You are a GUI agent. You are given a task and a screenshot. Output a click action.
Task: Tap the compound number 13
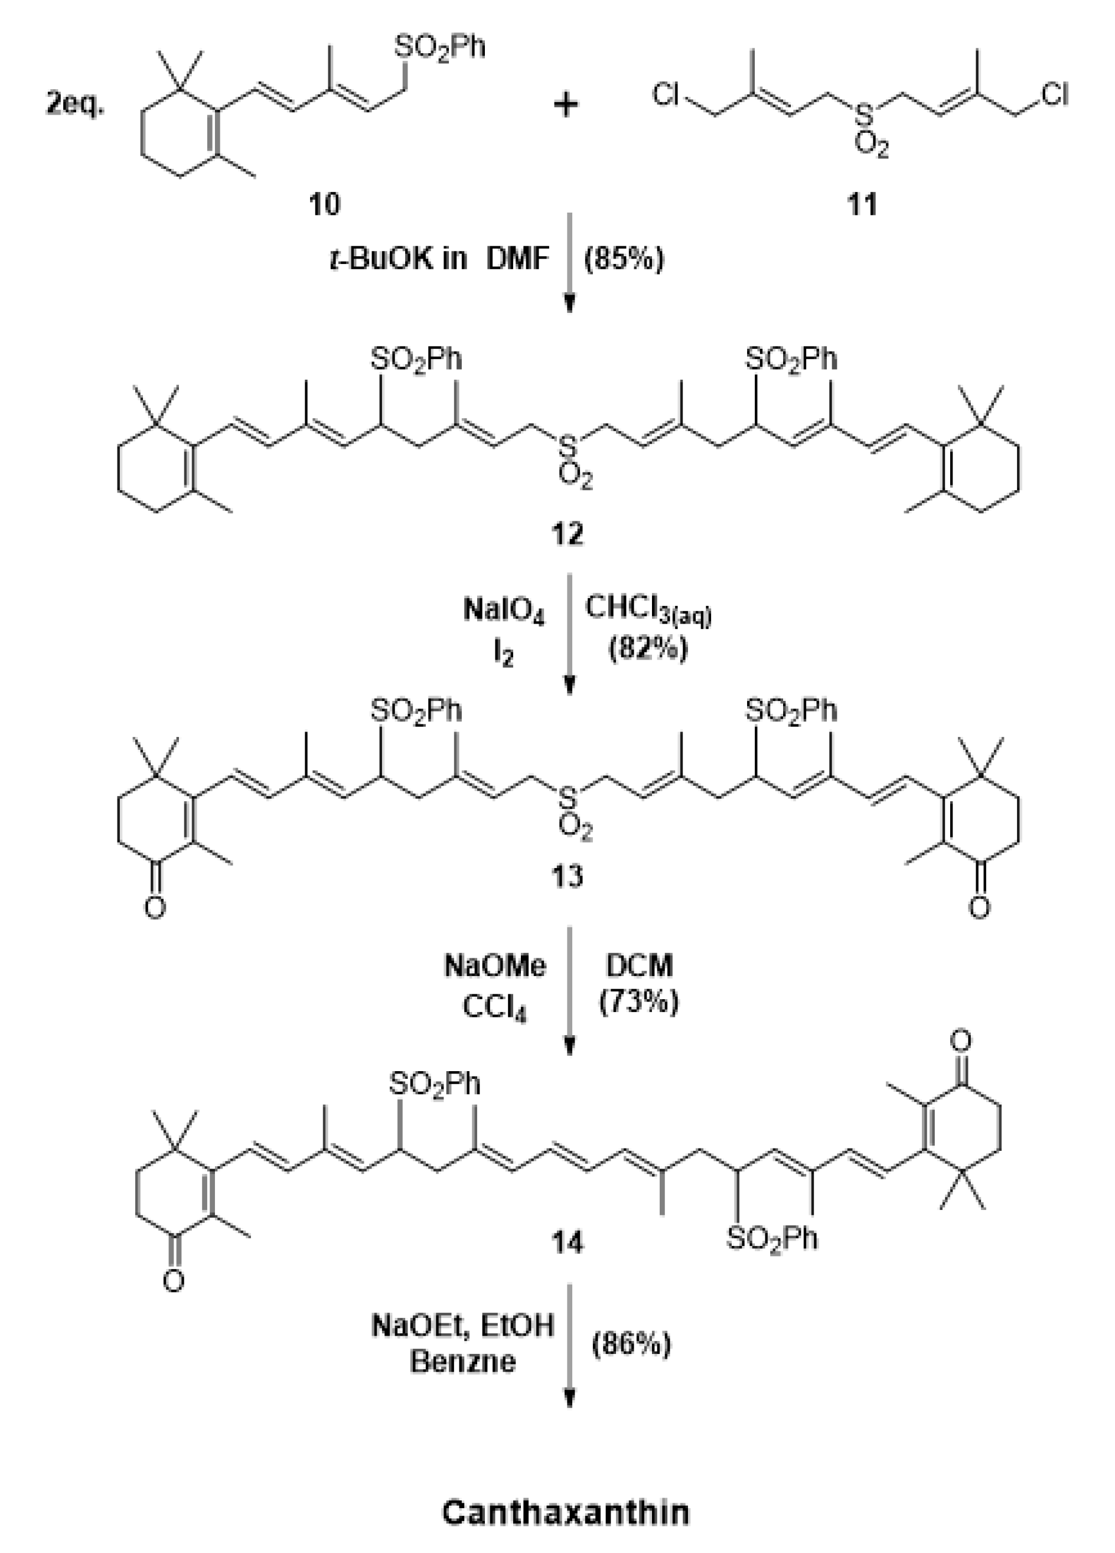(x=567, y=876)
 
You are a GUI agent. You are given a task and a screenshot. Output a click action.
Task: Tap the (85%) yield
(x=623, y=259)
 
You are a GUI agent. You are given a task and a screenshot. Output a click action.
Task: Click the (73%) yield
(x=638, y=1002)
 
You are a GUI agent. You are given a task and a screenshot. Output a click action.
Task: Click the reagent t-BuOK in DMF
(x=440, y=259)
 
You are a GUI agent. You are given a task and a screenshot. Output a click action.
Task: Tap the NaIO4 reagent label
(x=504, y=610)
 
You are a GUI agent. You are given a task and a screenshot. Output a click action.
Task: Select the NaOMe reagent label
(x=495, y=966)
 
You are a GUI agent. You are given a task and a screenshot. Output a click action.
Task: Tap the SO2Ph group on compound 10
(x=440, y=48)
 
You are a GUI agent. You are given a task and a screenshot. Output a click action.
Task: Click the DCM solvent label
(x=639, y=966)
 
